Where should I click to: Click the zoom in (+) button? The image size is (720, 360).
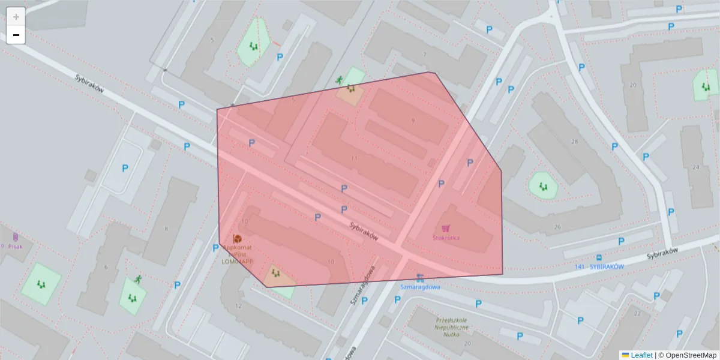pos(16,16)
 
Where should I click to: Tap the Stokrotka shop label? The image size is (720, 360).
pos(446,238)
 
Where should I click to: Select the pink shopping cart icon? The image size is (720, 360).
pos(446,228)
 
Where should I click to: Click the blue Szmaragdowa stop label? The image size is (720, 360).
pos(421,287)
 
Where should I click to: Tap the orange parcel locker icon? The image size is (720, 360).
pos(237,239)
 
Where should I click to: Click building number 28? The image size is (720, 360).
pos(574,142)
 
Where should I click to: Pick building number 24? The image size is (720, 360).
pos(696,167)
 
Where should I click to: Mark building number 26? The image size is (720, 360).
pos(557,227)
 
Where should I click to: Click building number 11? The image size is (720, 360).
pos(355,158)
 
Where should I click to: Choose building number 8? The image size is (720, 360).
pos(166,229)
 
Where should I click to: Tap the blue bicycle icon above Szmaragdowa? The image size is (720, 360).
pos(420,278)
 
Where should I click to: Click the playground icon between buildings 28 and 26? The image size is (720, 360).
pos(543,186)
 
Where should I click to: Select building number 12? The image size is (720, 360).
pos(238,306)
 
